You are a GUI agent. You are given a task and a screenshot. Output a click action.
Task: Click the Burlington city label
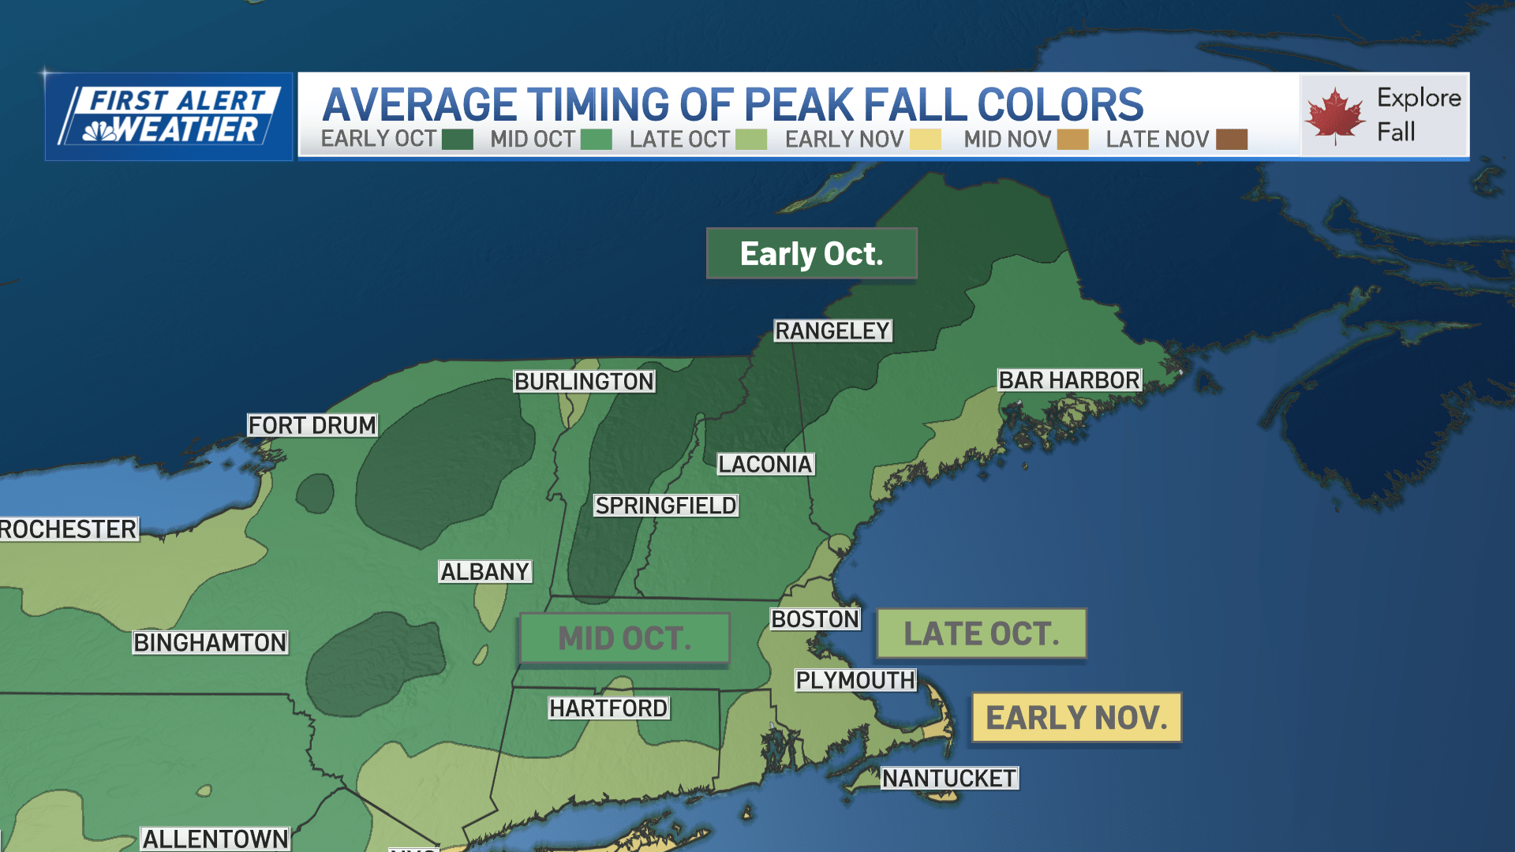pos(584,381)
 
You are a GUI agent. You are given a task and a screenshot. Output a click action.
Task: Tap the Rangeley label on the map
pos(832,331)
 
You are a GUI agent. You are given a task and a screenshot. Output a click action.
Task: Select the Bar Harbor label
pos(1068,380)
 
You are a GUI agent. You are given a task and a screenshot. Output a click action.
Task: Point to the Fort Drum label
pos(312,425)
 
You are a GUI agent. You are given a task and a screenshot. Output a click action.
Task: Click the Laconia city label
pos(765,464)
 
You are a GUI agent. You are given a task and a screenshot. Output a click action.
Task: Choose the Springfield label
pos(666,506)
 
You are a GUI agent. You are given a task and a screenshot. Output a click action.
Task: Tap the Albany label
pos(484,571)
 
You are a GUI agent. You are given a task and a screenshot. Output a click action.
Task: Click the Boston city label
pos(814,619)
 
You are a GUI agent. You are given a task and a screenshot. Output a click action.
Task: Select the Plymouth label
pos(855,680)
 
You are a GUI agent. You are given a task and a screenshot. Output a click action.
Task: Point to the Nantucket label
pos(948,779)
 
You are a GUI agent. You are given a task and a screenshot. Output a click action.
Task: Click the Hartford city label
pos(608,708)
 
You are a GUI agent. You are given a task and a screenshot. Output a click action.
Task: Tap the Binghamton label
pos(210,642)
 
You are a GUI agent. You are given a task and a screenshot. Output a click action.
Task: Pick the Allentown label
pos(215,839)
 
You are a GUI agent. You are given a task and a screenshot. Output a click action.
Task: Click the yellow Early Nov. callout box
pos(1076,718)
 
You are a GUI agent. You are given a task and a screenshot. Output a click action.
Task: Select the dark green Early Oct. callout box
pos(811,253)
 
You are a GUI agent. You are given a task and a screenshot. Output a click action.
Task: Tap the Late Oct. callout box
pos(981,633)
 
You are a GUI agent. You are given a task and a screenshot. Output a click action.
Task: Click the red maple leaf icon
pos(1334,116)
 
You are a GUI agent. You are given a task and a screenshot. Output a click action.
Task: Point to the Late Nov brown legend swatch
pos(1231,140)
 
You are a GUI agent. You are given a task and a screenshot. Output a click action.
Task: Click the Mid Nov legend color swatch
pos(1072,140)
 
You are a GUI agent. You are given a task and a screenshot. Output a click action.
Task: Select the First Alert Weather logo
pos(169,117)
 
